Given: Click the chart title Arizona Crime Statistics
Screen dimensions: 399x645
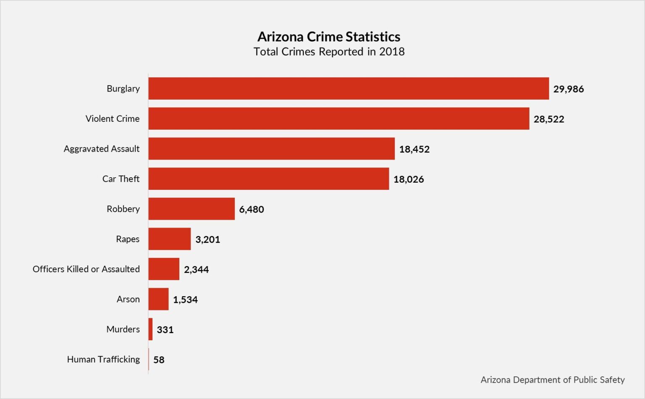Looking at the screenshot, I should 329,37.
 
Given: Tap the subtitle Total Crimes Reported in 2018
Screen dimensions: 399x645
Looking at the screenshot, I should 329,52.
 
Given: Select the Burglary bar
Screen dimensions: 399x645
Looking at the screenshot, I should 349,89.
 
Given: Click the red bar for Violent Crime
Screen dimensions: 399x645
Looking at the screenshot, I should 338,118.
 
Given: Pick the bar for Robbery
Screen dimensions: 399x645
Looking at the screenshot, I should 191,209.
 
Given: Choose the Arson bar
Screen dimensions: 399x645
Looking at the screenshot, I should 158,299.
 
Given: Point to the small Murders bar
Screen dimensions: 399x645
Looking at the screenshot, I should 150,329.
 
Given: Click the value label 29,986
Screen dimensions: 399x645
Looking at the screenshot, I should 568,89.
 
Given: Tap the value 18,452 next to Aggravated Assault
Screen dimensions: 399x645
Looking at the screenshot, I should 414,149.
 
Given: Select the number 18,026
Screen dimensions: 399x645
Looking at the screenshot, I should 409,179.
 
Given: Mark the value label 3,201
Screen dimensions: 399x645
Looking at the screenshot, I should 207,239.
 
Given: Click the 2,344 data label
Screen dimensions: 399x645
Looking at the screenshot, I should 196,270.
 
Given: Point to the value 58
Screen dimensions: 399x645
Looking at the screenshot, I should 159,360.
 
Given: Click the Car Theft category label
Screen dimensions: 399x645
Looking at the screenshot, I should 121,179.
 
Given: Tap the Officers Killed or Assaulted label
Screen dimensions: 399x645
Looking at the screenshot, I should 86,269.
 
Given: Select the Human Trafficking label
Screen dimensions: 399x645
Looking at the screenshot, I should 103,360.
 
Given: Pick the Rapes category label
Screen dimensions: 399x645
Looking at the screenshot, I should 128,239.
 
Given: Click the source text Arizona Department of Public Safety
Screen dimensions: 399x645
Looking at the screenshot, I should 552,380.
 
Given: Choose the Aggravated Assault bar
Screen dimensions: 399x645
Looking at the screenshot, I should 271,149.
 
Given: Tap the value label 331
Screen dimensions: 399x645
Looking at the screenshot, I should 165,330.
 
